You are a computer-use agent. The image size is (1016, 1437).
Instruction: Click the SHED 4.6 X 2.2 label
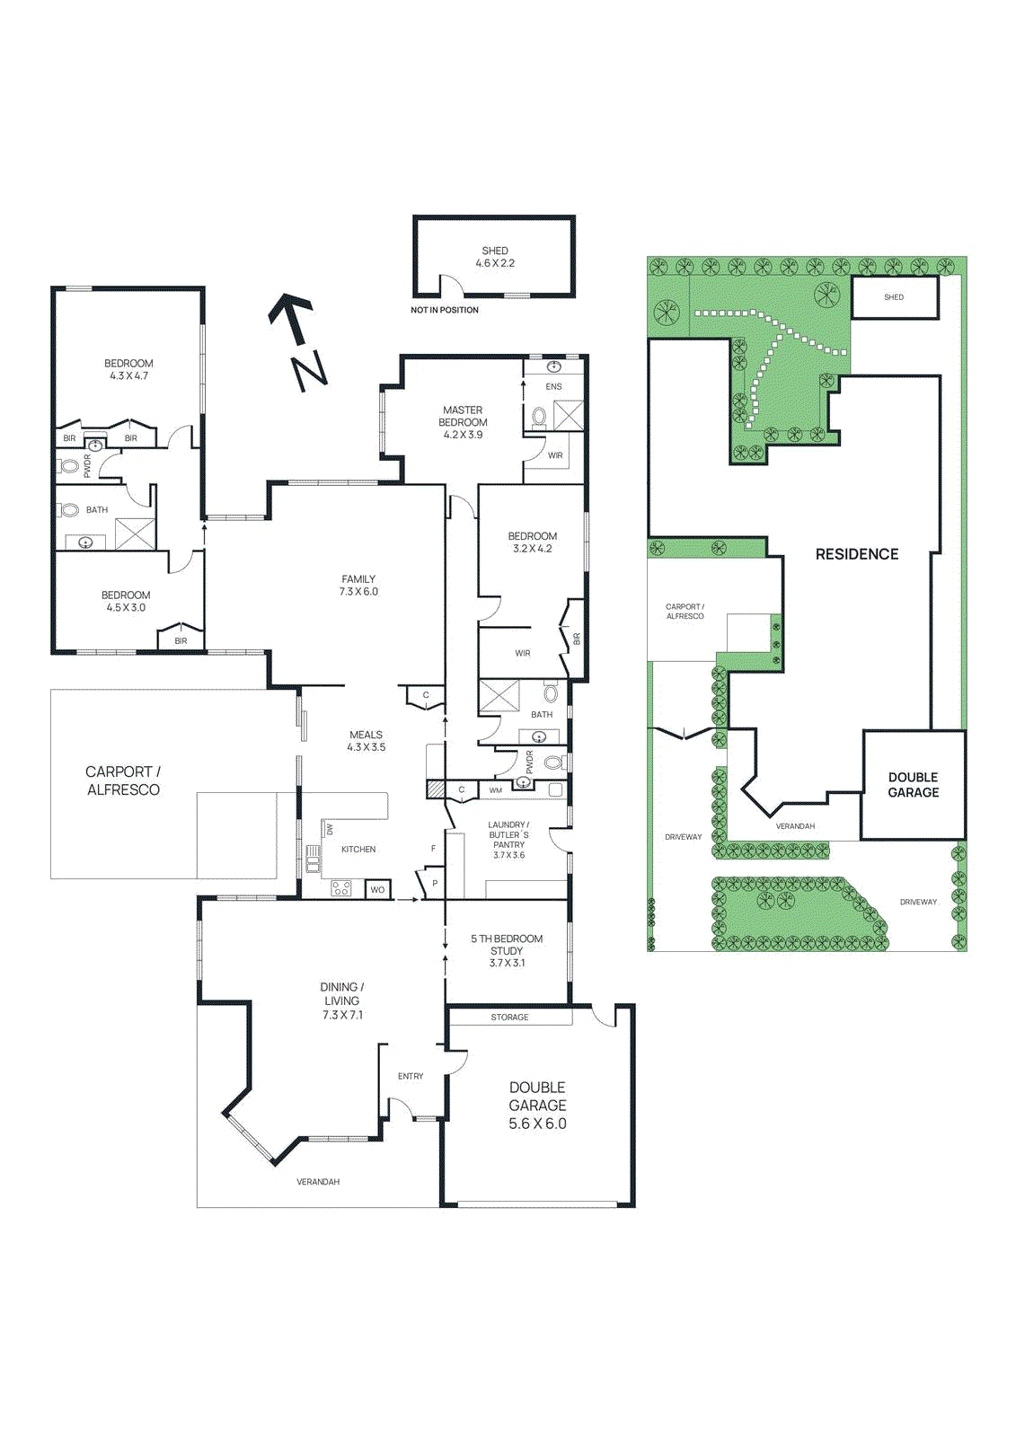pyautogui.click(x=495, y=257)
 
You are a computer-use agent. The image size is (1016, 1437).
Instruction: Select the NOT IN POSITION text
pyautogui.click(x=444, y=310)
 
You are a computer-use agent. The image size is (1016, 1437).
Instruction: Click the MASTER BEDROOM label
pyautogui.click(x=463, y=422)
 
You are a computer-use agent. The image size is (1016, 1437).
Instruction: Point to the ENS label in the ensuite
pyautogui.click(x=553, y=387)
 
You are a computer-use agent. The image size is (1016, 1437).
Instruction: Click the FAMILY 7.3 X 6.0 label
pyautogui.click(x=358, y=586)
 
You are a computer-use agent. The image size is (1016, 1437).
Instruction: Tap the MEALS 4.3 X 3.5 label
pyautogui.click(x=366, y=741)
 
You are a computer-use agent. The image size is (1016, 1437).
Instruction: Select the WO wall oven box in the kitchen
pyautogui.click(x=377, y=889)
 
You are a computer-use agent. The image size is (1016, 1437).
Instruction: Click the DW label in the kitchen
pyautogui.click(x=330, y=829)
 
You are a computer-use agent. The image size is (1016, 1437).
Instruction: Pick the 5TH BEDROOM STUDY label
pyautogui.click(x=507, y=950)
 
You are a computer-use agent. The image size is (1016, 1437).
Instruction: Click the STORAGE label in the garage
pyautogui.click(x=509, y=1018)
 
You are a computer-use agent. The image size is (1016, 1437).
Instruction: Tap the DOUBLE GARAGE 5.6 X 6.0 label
pyautogui.click(x=537, y=1106)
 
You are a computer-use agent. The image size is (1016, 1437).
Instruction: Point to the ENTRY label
pyautogui.click(x=411, y=1076)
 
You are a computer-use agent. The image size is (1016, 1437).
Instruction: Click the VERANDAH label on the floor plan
pyautogui.click(x=318, y=1182)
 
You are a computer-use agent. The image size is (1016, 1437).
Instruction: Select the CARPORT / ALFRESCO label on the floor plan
pyautogui.click(x=123, y=780)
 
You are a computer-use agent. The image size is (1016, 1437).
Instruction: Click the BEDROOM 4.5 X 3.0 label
pyautogui.click(x=126, y=601)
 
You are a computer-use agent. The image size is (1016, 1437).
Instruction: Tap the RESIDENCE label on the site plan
pyautogui.click(x=857, y=554)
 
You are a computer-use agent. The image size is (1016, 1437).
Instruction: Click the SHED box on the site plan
pyautogui.click(x=894, y=297)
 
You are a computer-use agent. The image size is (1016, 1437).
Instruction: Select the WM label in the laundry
pyautogui.click(x=496, y=790)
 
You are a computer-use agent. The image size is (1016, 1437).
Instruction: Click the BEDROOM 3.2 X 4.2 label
pyautogui.click(x=533, y=542)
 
